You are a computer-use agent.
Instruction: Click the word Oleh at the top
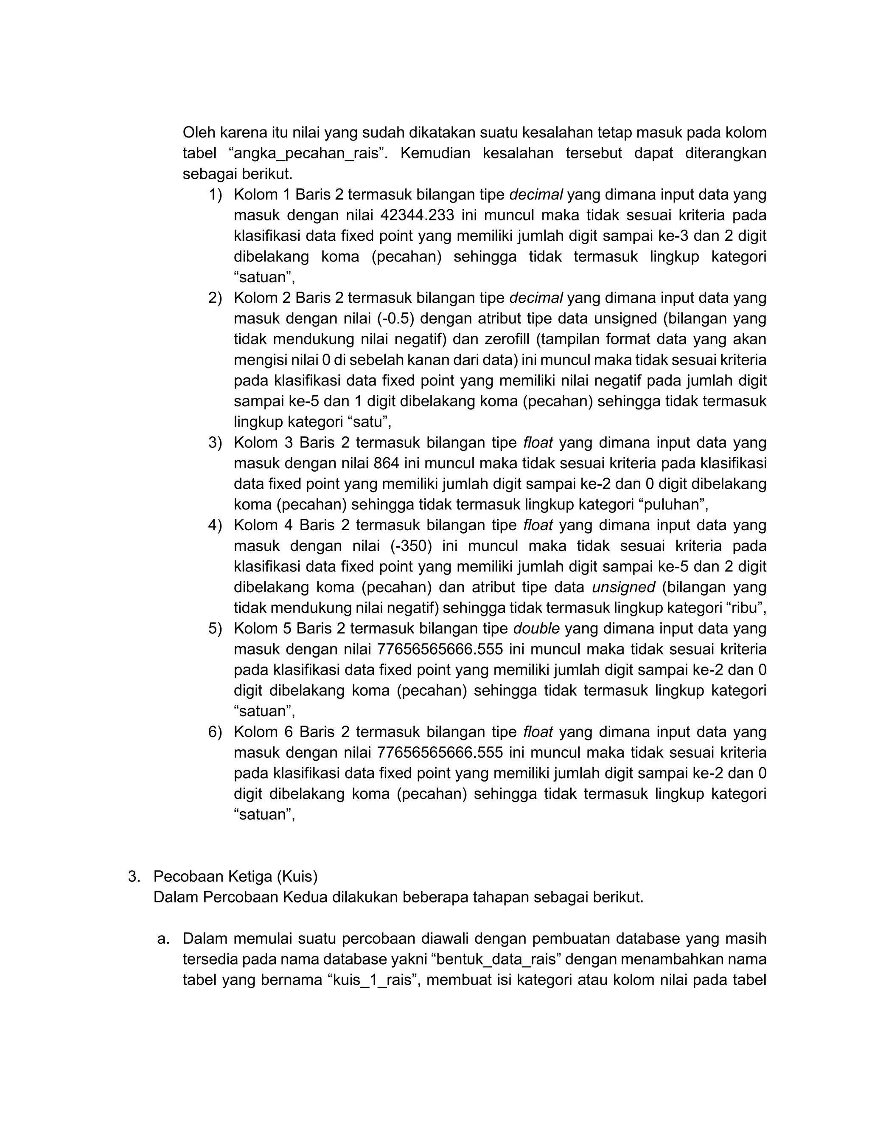point(199,133)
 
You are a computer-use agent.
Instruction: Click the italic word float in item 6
point(538,732)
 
